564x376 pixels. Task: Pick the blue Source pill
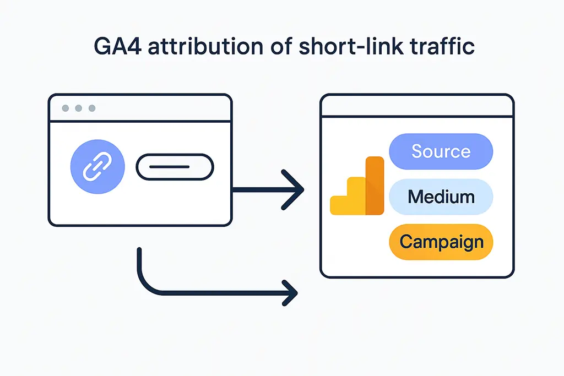pos(441,151)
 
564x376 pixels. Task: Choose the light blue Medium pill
pos(441,196)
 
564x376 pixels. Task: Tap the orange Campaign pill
pos(441,242)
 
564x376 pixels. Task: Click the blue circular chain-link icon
pos(97,166)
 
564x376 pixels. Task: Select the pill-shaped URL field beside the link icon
pos(175,167)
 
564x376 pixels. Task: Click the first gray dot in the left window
pos(66,108)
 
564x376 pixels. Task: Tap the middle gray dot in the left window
pos(79,108)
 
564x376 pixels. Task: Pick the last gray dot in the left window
pos(91,108)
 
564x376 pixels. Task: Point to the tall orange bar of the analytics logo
pos(375,186)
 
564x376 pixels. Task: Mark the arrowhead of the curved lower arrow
pos(290,292)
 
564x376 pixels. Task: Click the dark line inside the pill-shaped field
pos(175,167)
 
